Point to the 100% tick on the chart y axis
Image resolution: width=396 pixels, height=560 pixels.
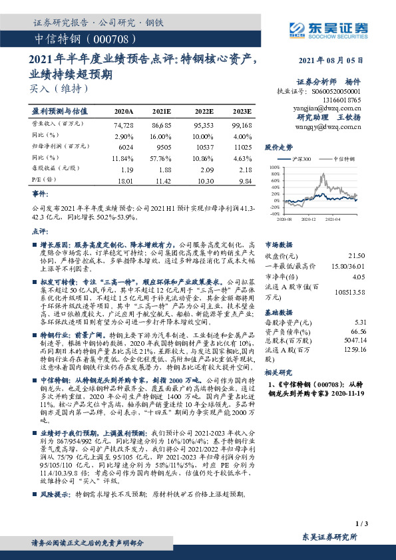(x=275, y=168)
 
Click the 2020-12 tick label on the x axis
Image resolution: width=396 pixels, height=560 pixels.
(x=308, y=217)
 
